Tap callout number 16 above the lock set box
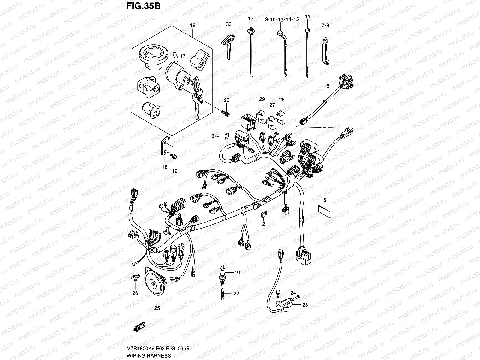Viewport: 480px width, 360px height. pos(193,25)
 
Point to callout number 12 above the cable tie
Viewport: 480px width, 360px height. pos(251,19)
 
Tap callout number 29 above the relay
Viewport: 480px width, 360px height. pos(262,99)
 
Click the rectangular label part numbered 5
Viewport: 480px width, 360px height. pos(324,211)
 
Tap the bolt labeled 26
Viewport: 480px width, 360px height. pos(134,278)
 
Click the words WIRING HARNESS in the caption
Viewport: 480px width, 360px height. pos(149,355)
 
